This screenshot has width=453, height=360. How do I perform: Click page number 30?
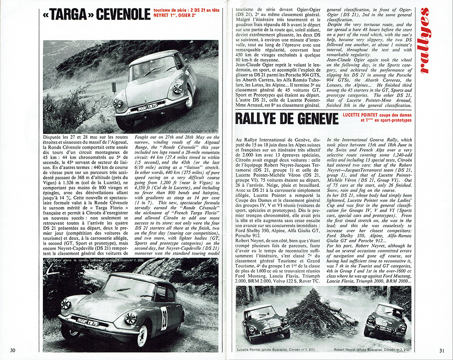[13, 350]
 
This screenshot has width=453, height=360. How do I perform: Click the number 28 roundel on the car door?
[164, 318]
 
